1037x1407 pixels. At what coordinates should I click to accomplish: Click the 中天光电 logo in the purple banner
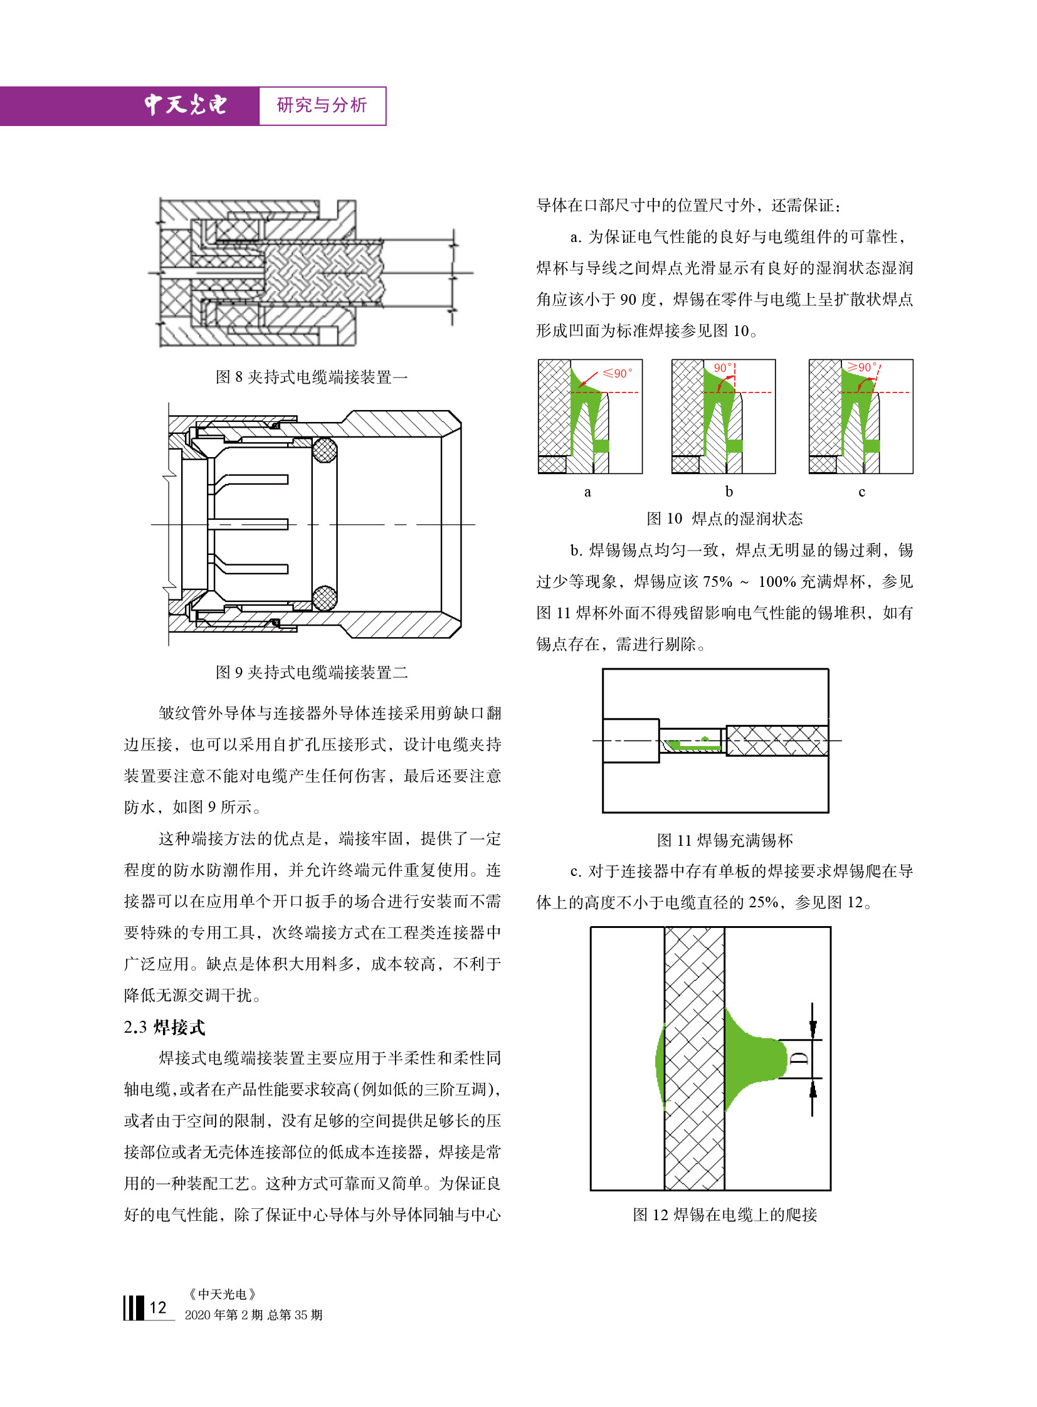[185, 105]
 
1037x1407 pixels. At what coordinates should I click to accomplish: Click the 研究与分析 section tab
[322, 105]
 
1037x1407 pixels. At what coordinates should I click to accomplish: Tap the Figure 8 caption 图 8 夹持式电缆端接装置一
[312, 377]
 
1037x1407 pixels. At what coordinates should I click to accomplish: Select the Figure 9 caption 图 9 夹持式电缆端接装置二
[312, 672]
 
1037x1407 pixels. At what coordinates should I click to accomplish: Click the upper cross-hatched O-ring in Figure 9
[324, 450]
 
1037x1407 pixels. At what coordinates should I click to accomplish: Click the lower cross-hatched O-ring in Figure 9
[324, 598]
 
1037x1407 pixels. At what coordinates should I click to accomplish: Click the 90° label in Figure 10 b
[722, 368]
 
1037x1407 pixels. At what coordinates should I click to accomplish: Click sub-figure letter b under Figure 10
[729, 491]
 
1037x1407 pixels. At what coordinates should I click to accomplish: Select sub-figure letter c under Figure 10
[861, 492]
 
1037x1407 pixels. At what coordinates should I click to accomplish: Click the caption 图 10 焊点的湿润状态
[724, 519]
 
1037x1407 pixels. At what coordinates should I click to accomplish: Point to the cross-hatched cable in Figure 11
[777, 741]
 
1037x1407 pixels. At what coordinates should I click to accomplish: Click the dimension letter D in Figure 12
[799, 1058]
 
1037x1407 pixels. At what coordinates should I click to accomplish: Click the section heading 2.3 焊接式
[164, 1027]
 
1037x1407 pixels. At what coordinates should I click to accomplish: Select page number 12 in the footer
[157, 1308]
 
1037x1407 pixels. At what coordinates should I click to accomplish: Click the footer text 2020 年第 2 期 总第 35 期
[253, 1315]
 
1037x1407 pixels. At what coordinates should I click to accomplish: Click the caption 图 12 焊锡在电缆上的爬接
[724, 1215]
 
